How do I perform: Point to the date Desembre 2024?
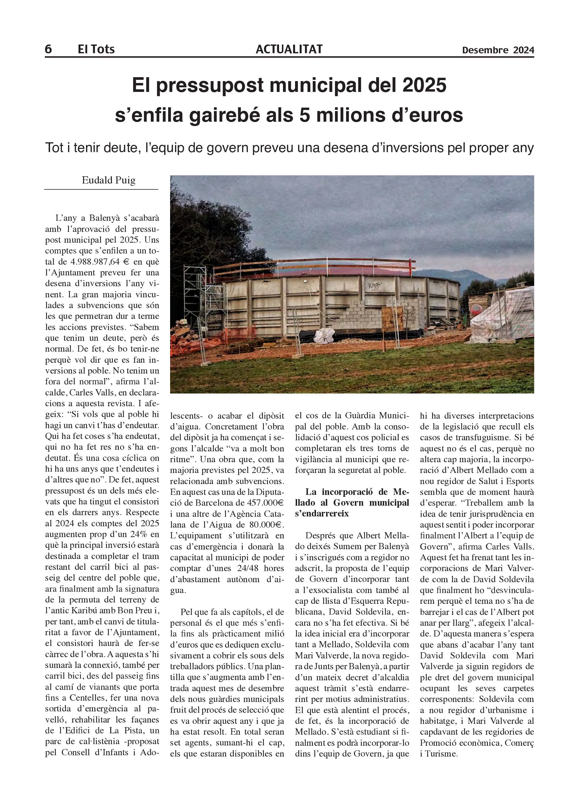coord(498,50)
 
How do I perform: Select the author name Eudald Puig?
coord(108,180)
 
